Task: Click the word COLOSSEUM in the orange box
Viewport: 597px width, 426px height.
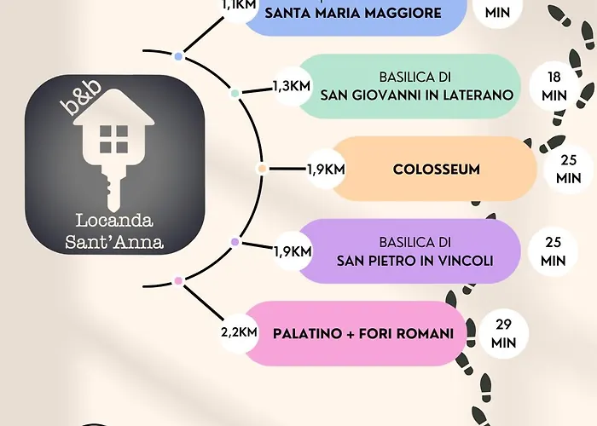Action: pyautogui.click(x=437, y=170)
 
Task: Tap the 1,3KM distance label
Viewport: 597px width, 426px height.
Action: pyautogui.click(x=292, y=86)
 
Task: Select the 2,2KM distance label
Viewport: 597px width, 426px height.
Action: pyautogui.click(x=239, y=332)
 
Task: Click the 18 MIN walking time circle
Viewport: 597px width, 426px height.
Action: pyautogui.click(x=554, y=86)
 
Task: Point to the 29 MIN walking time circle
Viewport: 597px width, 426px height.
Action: pyautogui.click(x=503, y=334)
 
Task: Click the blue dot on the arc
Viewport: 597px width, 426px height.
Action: pyautogui.click(x=178, y=56)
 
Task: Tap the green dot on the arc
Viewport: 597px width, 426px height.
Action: pyautogui.click(x=235, y=93)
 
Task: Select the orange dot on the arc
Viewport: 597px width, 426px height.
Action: pyautogui.click(x=262, y=169)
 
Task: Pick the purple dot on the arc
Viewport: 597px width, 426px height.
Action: pyautogui.click(x=235, y=242)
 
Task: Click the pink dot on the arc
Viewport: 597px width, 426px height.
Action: pyautogui.click(x=178, y=281)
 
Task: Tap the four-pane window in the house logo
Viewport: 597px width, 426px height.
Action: pyautogui.click(x=113, y=139)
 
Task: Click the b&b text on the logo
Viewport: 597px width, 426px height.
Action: pyautogui.click(x=81, y=97)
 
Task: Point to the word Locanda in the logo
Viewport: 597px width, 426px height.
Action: pyautogui.click(x=114, y=221)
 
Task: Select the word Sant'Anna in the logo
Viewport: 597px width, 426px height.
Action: pyautogui.click(x=114, y=242)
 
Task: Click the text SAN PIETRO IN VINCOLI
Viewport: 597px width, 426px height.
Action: pyautogui.click(x=415, y=261)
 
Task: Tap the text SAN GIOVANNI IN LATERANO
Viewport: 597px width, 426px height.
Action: pyautogui.click(x=417, y=95)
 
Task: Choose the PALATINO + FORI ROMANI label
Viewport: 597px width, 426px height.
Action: pyautogui.click(x=363, y=334)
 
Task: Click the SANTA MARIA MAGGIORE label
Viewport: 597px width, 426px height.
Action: pyautogui.click(x=353, y=14)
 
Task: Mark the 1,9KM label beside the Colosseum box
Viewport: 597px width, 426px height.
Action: pyautogui.click(x=326, y=170)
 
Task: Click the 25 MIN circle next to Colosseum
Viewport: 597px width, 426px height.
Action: pyautogui.click(x=569, y=170)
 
